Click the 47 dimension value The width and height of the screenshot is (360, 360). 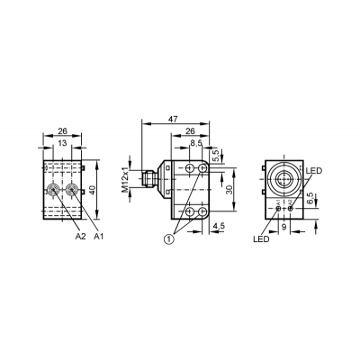173,119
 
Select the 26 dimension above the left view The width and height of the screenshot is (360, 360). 62,130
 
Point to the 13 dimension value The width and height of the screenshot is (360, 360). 62,143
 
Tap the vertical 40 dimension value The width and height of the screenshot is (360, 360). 92,190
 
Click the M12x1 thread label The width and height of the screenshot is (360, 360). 125,179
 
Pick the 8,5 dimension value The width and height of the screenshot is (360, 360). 196,144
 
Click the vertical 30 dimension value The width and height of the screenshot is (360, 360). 229,190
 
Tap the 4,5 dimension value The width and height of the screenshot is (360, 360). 219,226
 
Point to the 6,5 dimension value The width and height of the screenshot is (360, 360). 310,199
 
